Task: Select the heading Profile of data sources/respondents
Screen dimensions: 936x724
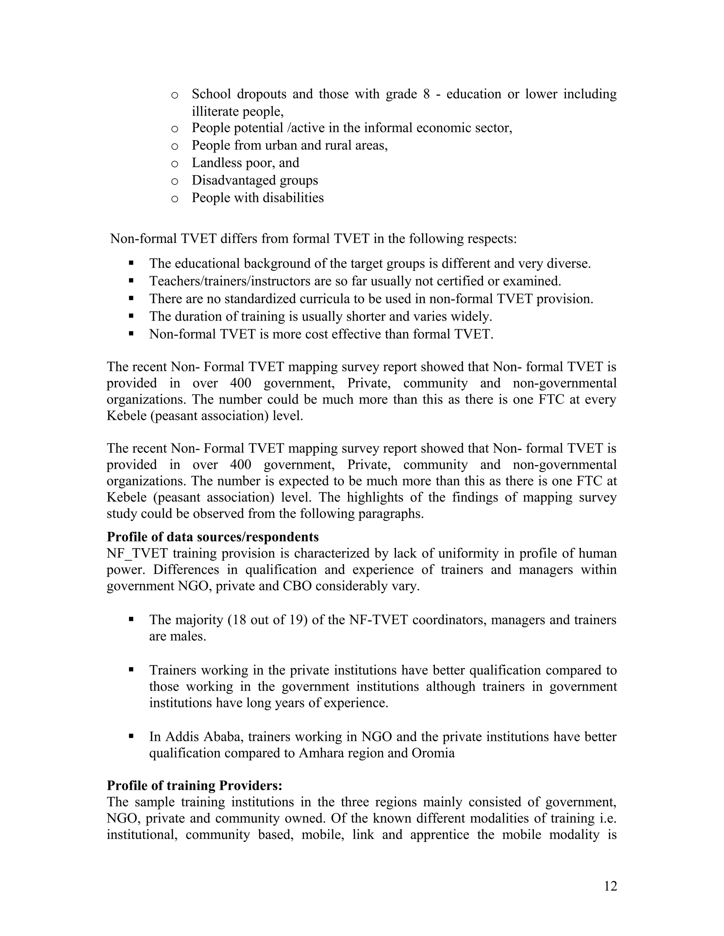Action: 212,537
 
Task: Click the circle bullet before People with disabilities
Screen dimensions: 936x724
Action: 174,199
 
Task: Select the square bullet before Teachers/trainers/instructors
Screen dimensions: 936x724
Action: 131,281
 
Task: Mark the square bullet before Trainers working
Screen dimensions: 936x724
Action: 131,670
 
